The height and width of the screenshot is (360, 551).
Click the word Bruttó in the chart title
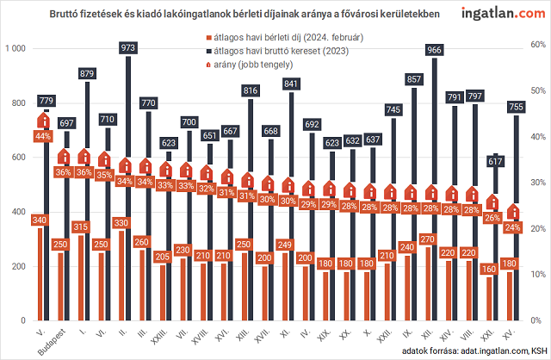pyautogui.click(x=100, y=16)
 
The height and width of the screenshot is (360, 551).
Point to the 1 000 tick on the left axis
pyautogui.click(x=15, y=49)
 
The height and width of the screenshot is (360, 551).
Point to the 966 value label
pyautogui.click(x=435, y=51)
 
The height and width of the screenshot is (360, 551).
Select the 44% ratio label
pyautogui.click(x=43, y=136)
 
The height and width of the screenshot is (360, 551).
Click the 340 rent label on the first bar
pyautogui.click(x=39, y=220)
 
